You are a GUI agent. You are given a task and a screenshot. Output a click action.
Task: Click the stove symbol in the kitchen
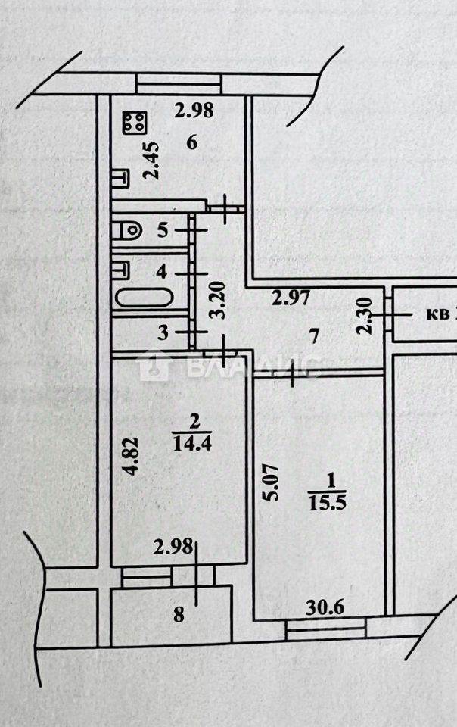point(134,122)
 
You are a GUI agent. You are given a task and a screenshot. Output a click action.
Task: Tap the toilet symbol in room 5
point(126,228)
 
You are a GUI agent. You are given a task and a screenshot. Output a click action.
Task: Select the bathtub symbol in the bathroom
point(144,298)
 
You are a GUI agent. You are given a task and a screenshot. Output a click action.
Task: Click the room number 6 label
point(191,143)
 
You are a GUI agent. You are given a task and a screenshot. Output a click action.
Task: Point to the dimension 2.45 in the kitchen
point(152,161)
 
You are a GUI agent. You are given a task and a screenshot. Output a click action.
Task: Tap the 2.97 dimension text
point(291,298)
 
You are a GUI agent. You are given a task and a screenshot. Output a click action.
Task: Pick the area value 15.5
point(324,501)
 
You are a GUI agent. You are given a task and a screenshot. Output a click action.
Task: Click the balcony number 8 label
point(179,614)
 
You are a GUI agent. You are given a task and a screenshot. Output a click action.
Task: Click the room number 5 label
point(162,231)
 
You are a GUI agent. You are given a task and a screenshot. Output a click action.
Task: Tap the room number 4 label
point(162,271)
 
